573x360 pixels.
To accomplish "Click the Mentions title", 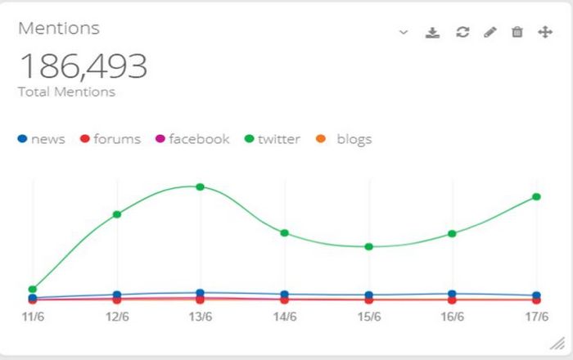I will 58,28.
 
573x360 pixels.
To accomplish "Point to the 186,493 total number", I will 83,66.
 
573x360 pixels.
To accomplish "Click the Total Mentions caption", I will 66,92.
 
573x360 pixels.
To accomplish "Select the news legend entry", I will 41,139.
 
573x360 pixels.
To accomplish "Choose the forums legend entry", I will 110,139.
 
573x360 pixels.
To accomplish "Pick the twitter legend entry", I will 272,139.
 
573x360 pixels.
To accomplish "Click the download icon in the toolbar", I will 433,32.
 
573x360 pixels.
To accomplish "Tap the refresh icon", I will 462,32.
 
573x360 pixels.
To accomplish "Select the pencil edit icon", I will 490,32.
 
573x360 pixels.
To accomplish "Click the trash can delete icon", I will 517,32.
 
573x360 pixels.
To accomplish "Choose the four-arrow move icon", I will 544,32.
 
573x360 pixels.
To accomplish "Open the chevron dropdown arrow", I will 403,32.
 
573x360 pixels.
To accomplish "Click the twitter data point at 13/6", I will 200,187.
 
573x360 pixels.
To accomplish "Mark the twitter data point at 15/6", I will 368,246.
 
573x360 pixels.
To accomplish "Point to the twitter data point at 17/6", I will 537,196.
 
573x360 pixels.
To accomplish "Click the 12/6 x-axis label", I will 117,316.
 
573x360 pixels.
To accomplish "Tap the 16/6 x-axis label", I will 453,316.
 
